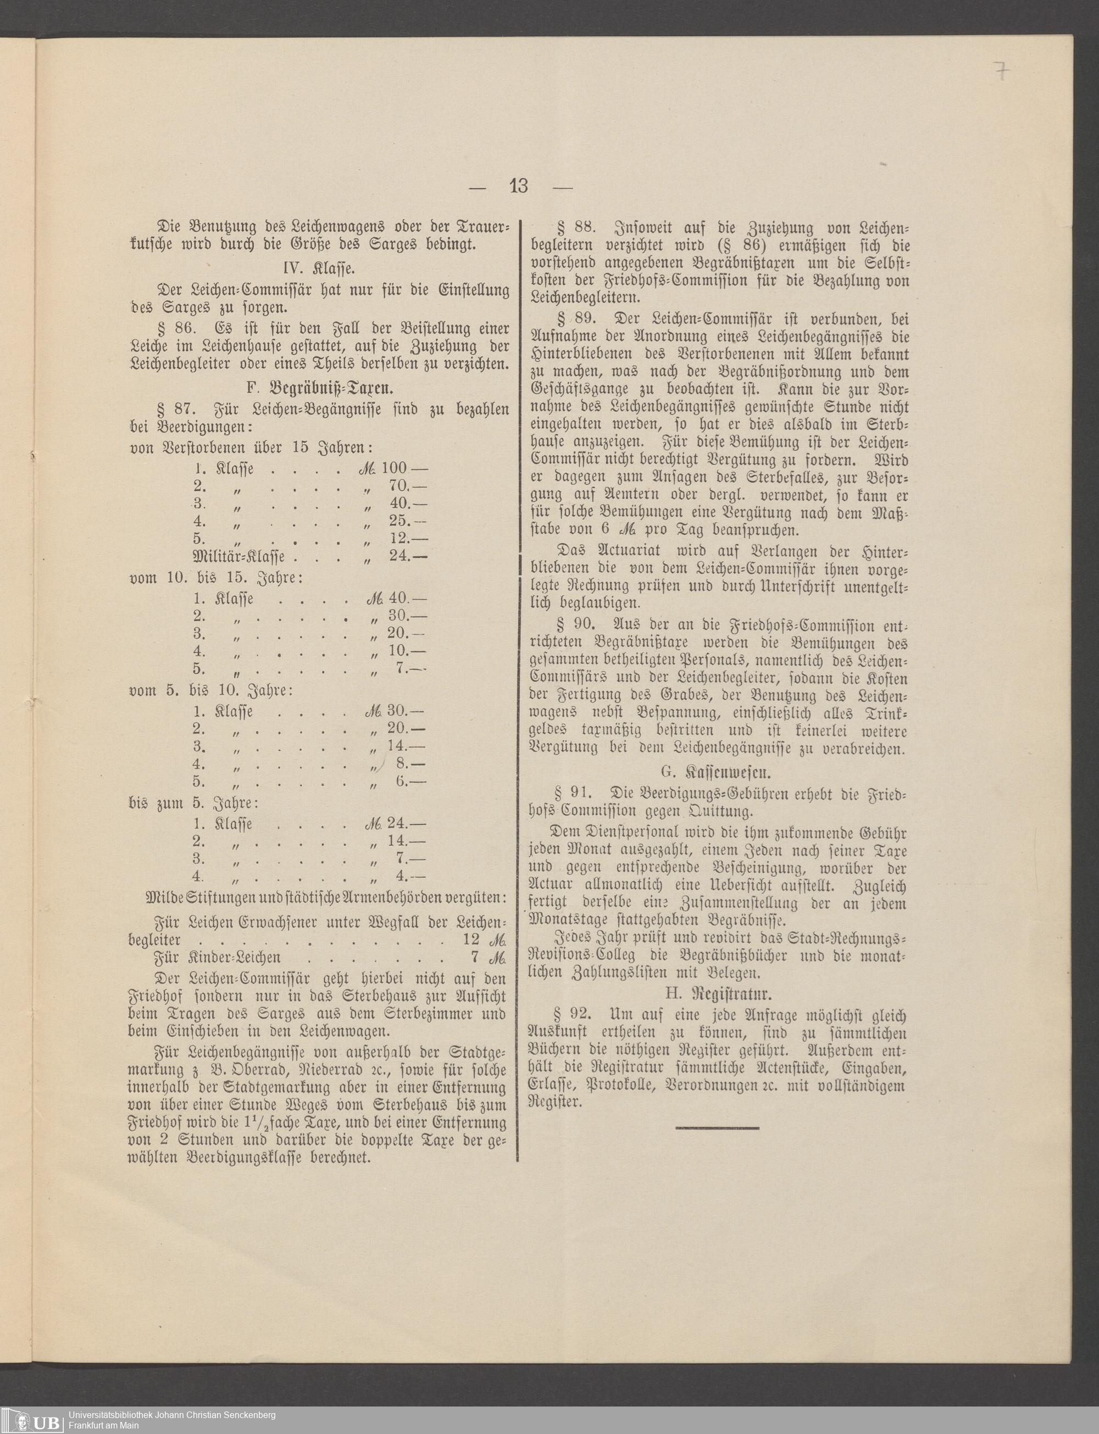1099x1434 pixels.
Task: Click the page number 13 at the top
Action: tap(518, 186)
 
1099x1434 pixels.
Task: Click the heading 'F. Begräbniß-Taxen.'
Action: tap(320, 387)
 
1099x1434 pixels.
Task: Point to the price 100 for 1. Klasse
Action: tap(394, 468)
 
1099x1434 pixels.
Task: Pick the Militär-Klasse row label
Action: tap(239, 557)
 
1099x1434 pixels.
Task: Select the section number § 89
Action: tap(576, 320)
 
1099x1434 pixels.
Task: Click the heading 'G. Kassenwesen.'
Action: tap(718, 772)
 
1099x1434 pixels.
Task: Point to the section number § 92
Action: tap(573, 1015)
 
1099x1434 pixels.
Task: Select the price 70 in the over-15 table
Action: tap(398, 486)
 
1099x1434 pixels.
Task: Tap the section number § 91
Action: tap(573, 794)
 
